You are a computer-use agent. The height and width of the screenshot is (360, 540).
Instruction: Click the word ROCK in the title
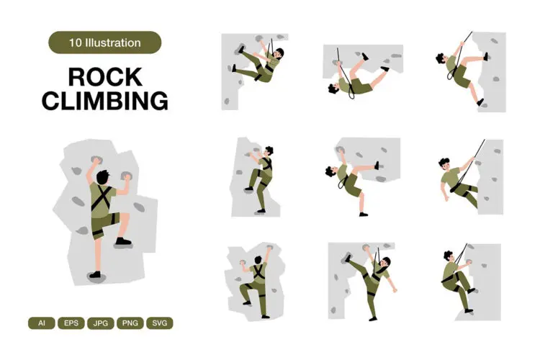tap(104, 76)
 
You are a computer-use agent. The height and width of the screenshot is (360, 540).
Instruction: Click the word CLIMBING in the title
tap(104, 101)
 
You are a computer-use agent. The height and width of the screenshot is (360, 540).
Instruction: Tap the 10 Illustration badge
tap(104, 42)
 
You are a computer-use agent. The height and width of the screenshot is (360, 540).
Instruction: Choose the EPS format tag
tap(71, 323)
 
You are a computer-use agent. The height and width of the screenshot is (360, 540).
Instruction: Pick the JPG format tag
tap(101, 323)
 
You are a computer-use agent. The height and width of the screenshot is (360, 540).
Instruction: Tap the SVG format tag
tap(160, 323)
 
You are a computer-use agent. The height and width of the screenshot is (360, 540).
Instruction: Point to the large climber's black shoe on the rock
tap(122, 242)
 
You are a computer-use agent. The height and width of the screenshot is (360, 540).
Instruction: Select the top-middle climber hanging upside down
tap(356, 76)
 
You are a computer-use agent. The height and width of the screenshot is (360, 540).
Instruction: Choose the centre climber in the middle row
tap(353, 180)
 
